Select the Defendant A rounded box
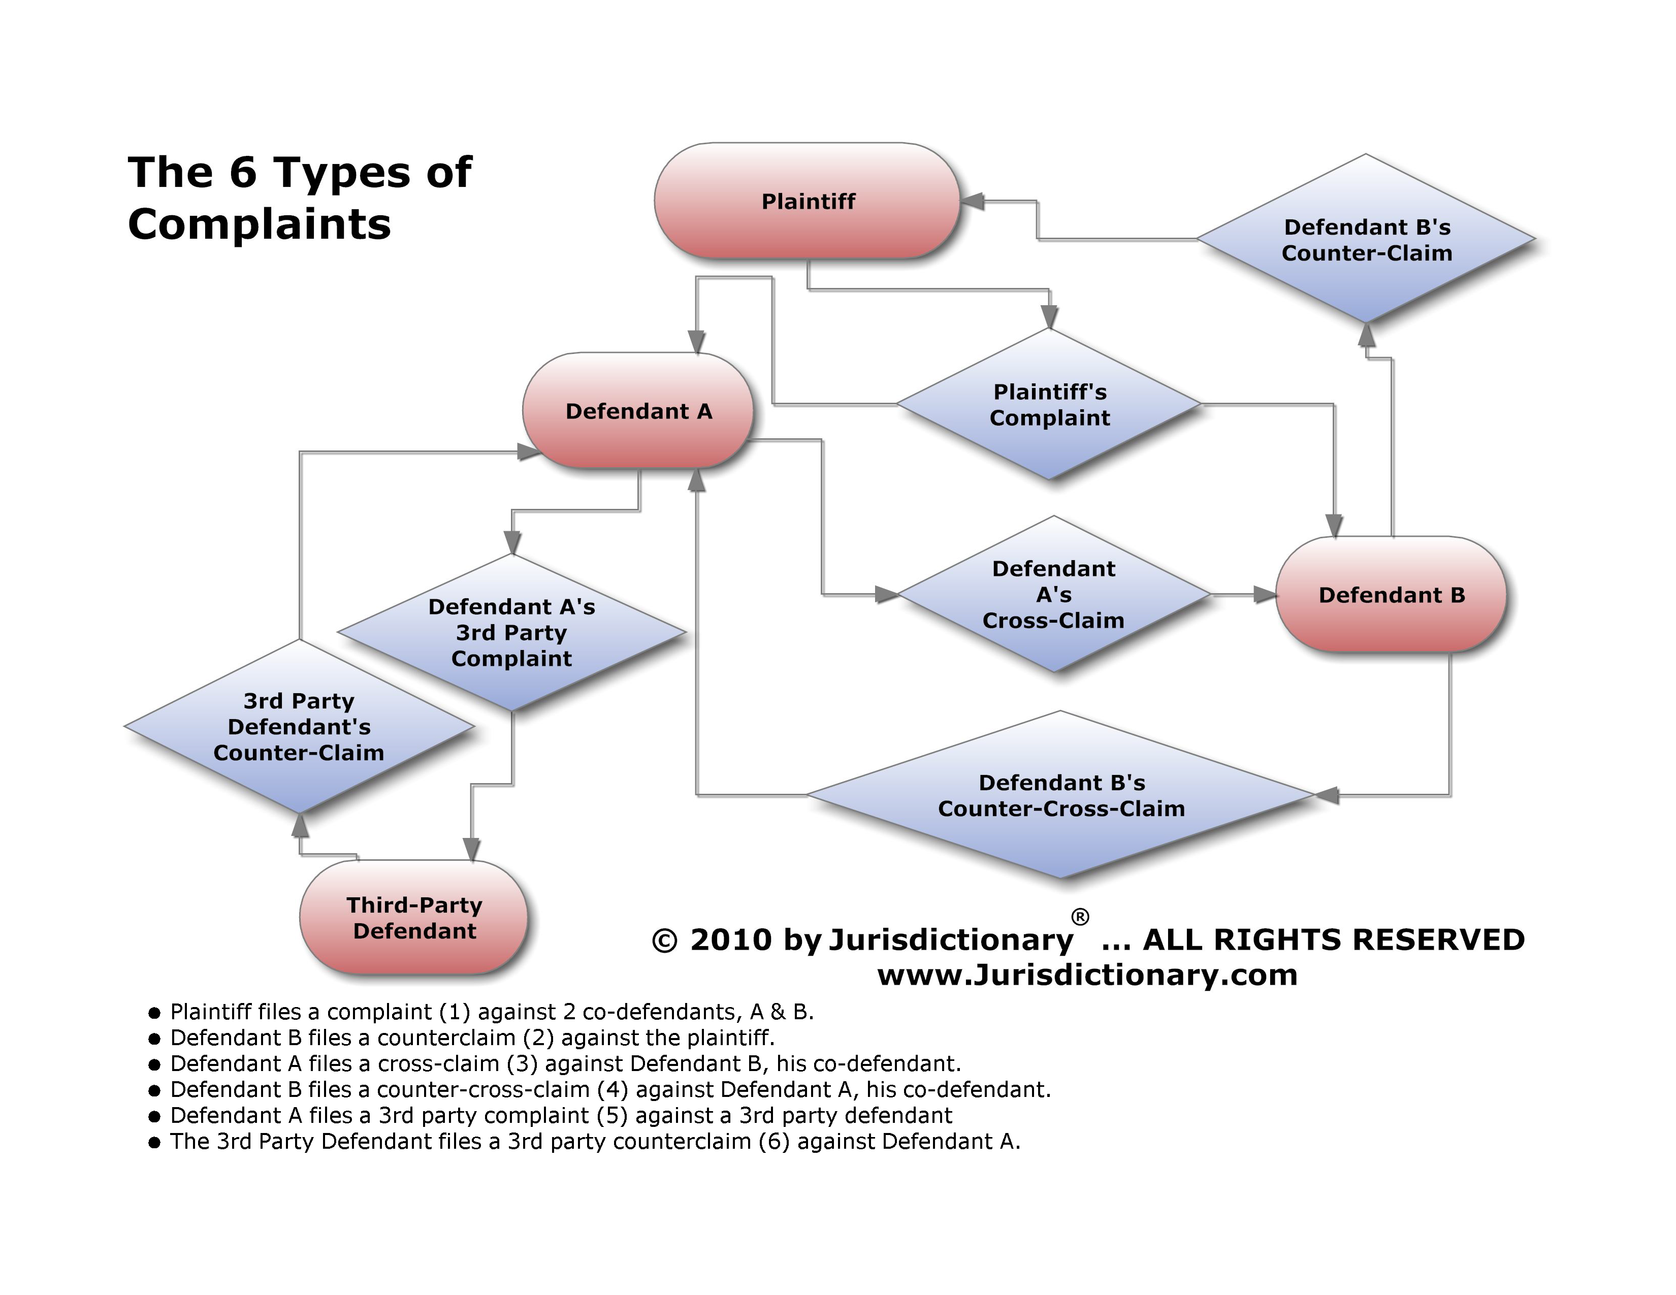click(x=638, y=411)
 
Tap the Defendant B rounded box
click(x=1391, y=595)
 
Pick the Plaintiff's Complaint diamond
click(x=1049, y=404)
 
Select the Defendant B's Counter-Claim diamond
click(x=1366, y=239)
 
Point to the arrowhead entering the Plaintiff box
click(x=972, y=201)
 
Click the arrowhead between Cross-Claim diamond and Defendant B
click(x=1264, y=595)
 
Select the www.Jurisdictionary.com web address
click(x=1087, y=975)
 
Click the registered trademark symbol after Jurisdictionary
click(x=1080, y=917)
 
